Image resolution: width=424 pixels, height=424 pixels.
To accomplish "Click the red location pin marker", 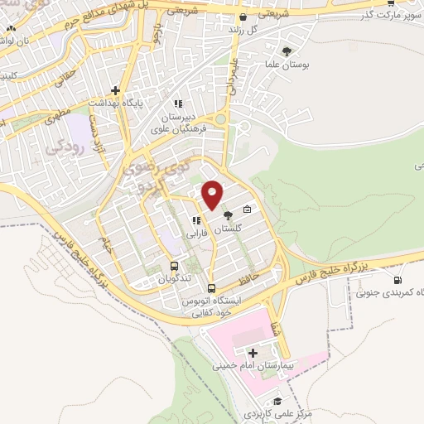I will (x=213, y=194).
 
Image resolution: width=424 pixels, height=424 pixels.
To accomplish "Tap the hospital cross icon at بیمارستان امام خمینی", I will (x=252, y=354).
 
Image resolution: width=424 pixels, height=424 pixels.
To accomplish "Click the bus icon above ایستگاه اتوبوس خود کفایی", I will (x=212, y=289).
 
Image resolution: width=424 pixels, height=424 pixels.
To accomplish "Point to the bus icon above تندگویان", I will (x=174, y=266).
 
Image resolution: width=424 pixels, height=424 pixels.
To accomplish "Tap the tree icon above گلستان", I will (x=229, y=215).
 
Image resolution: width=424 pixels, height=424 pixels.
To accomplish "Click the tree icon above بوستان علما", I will (x=287, y=51).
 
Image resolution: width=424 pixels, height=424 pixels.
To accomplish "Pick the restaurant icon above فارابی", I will (x=196, y=220).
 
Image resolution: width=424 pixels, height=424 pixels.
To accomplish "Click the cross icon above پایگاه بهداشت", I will (x=116, y=90).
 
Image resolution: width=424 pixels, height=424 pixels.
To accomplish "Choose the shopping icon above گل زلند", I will (x=243, y=17).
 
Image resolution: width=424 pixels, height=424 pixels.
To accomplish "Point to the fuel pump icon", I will (x=397, y=280).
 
